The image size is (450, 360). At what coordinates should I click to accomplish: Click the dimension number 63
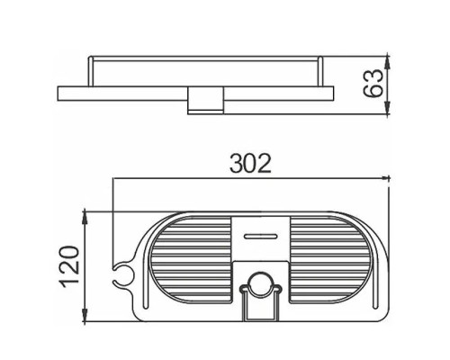click(x=373, y=83)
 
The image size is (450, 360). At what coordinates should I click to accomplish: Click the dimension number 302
click(x=250, y=164)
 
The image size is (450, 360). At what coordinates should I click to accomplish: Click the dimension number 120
click(x=70, y=266)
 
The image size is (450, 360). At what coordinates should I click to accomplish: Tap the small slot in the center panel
click(x=260, y=237)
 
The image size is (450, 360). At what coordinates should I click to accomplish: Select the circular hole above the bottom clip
click(x=261, y=283)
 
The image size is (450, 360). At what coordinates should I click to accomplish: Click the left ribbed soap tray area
click(x=191, y=259)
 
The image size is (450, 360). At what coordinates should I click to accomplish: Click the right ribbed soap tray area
click(x=330, y=259)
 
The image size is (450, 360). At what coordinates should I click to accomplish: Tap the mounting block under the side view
click(x=206, y=101)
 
